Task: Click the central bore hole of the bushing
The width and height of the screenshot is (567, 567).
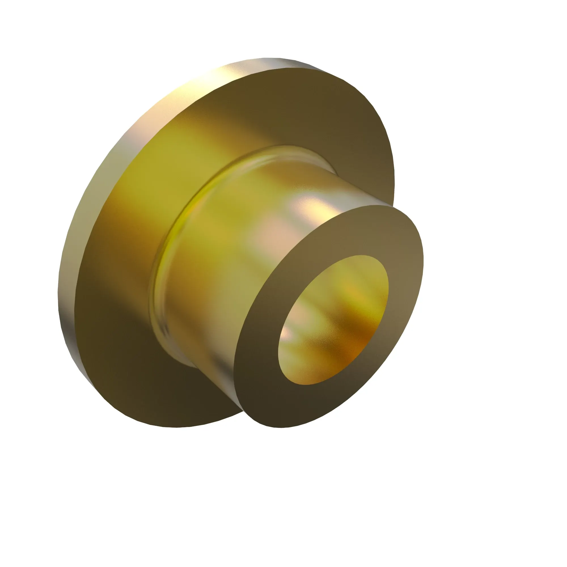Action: point(333,320)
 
